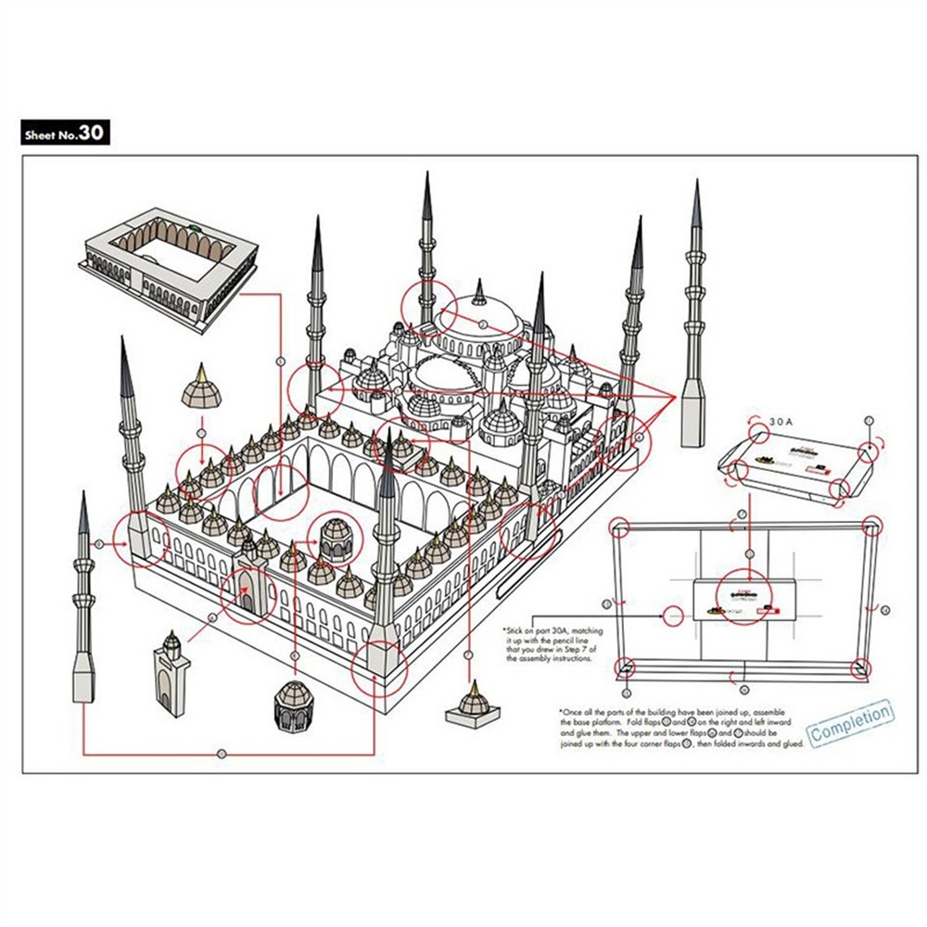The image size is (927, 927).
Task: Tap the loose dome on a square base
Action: click(x=473, y=705)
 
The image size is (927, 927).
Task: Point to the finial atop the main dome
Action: click(x=479, y=295)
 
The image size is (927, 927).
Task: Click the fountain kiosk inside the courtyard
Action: click(x=337, y=540)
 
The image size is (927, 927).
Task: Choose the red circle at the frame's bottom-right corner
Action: click(x=861, y=667)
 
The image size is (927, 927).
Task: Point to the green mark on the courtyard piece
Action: click(x=196, y=224)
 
